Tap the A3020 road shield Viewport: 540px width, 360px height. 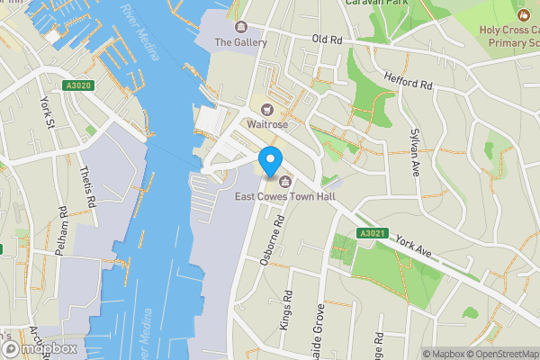[x=79, y=85]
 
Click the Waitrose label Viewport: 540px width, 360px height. [x=267, y=123]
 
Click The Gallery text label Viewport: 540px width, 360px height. [x=240, y=42]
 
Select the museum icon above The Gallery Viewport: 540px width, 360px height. [x=240, y=26]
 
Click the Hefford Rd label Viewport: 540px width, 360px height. [x=408, y=81]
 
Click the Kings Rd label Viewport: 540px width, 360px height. [x=287, y=310]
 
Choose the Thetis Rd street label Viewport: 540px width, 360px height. [x=88, y=187]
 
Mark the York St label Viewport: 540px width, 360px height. [x=45, y=112]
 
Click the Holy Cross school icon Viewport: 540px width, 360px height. [x=523, y=15]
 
